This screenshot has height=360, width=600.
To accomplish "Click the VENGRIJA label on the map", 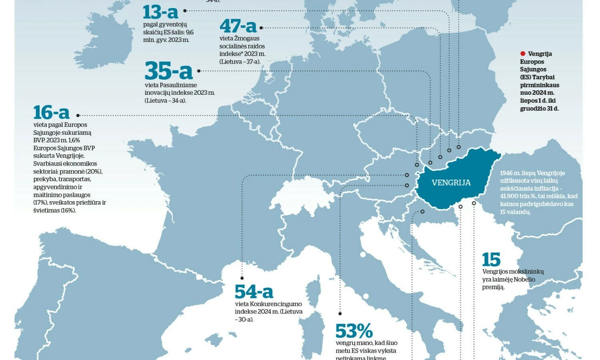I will [x=451, y=183].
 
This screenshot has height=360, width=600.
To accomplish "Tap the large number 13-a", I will [x=160, y=12].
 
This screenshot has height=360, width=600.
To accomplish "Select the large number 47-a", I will [x=238, y=26].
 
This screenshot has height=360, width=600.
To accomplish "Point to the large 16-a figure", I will [x=51, y=113].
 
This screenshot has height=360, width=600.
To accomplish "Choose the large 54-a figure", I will [x=254, y=292].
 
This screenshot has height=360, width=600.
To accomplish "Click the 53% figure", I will [x=354, y=331].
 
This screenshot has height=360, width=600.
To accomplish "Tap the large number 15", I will [x=491, y=260].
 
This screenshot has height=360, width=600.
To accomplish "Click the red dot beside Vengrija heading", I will [x=522, y=54].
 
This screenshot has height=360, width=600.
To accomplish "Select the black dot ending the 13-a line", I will [x=185, y=12].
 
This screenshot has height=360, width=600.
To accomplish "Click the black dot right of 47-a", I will [x=261, y=28].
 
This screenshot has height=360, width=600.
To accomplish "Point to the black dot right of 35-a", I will [x=199, y=71].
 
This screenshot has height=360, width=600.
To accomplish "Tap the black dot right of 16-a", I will [x=78, y=115].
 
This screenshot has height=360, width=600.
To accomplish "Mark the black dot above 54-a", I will [x=242, y=278].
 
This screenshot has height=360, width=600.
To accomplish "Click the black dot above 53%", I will [x=340, y=314].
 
